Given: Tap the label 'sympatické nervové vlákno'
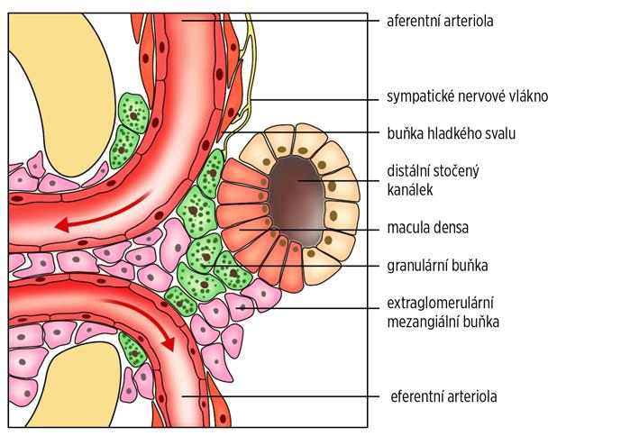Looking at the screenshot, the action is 461,95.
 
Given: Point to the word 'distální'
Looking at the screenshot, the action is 407,171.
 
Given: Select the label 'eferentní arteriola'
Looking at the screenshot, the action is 444,395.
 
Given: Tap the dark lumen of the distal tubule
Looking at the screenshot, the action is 294,191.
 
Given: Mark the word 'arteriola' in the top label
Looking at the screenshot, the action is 473,19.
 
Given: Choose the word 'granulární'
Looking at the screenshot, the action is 417,266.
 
